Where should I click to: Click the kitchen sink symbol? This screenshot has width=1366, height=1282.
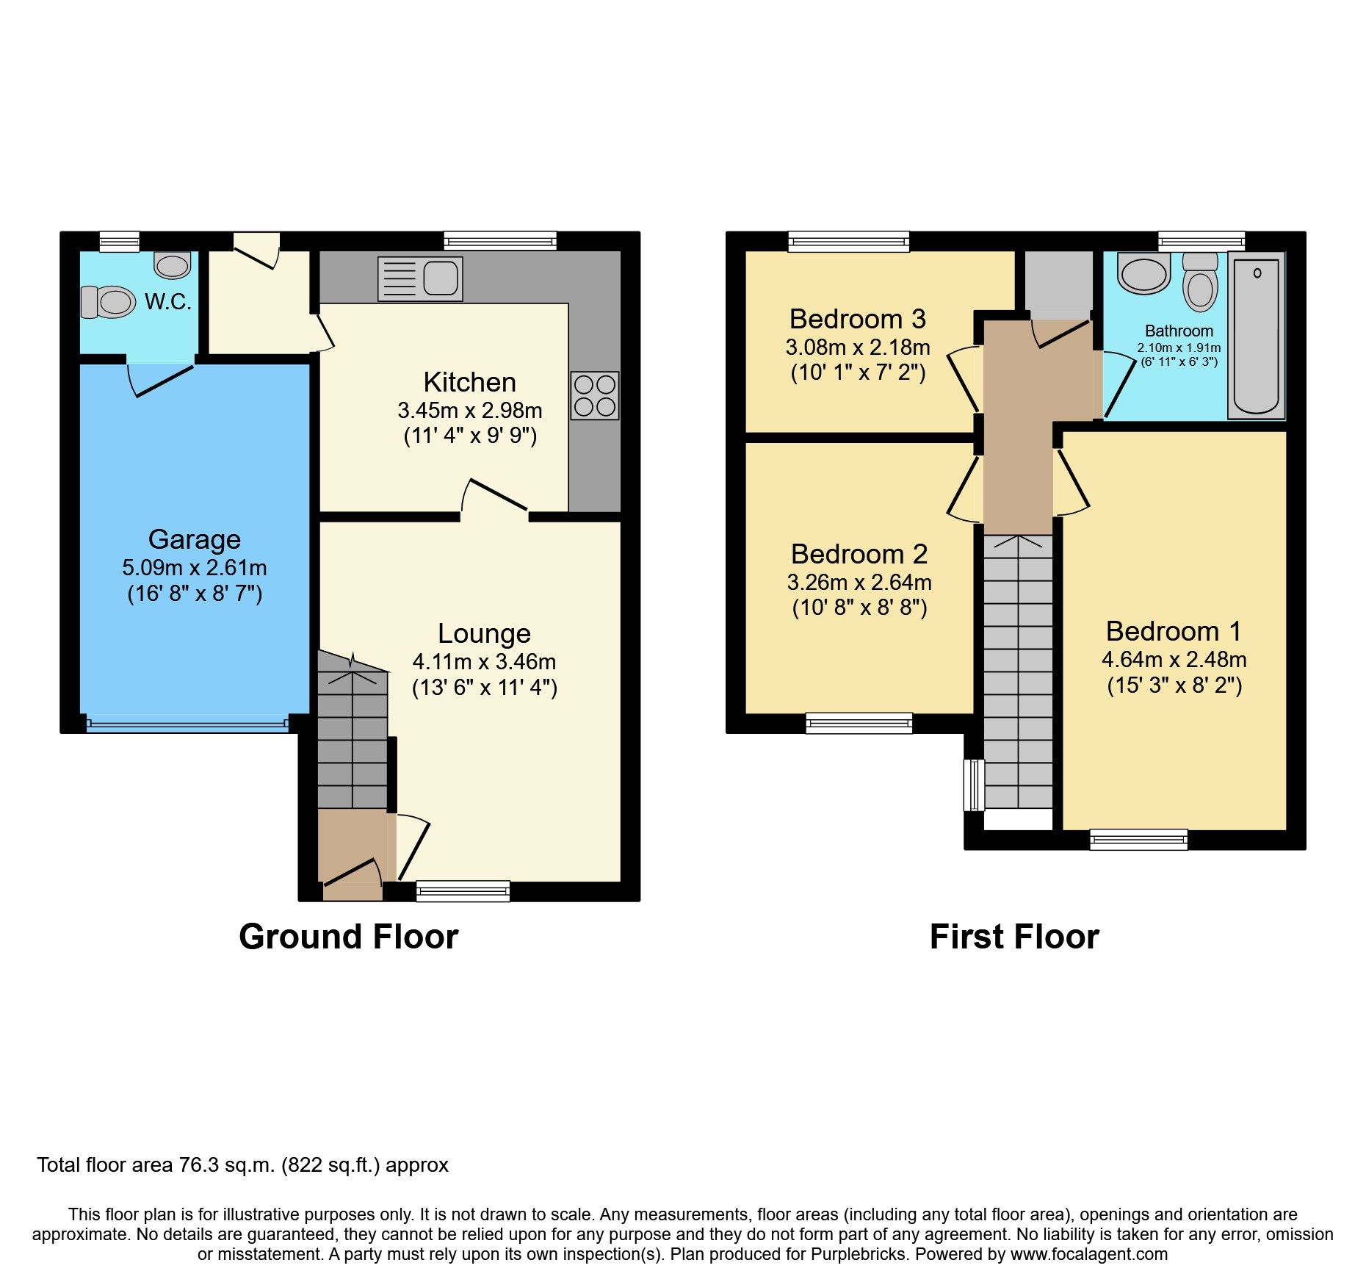pyautogui.click(x=420, y=278)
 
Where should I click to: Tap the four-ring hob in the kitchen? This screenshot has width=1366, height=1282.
pyautogui.click(x=594, y=395)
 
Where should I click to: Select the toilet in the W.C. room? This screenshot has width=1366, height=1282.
pyautogui.click(x=109, y=301)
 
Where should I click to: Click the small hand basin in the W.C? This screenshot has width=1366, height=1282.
pyautogui.click(x=173, y=264)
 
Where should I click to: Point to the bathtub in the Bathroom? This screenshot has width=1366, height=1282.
pyautogui.click(x=1256, y=336)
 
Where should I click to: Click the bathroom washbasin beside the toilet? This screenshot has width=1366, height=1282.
pyautogui.click(x=1143, y=273)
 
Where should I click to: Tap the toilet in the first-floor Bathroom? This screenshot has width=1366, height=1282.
pyautogui.click(x=1200, y=281)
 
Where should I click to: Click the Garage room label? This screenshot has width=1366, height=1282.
pyautogui.click(x=195, y=539)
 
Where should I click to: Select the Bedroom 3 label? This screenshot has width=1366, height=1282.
pyautogui.click(x=857, y=319)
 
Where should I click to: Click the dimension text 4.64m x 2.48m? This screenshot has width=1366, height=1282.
pyautogui.click(x=1174, y=659)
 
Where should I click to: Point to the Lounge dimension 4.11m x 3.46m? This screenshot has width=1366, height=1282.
pyautogui.click(x=484, y=661)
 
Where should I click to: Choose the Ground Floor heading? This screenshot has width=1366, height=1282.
pyautogui.click(x=348, y=937)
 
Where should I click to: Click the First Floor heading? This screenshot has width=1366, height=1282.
pyautogui.click(x=1013, y=937)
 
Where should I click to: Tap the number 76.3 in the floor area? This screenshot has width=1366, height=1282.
pyautogui.click(x=198, y=1165)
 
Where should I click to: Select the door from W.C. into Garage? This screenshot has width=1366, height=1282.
pyautogui.click(x=161, y=378)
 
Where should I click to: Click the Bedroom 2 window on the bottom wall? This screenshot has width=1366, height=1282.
pyautogui.click(x=859, y=723)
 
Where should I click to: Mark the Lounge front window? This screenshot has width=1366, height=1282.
pyautogui.click(x=463, y=891)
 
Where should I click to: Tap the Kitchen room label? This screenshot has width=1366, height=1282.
pyautogui.click(x=469, y=382)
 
